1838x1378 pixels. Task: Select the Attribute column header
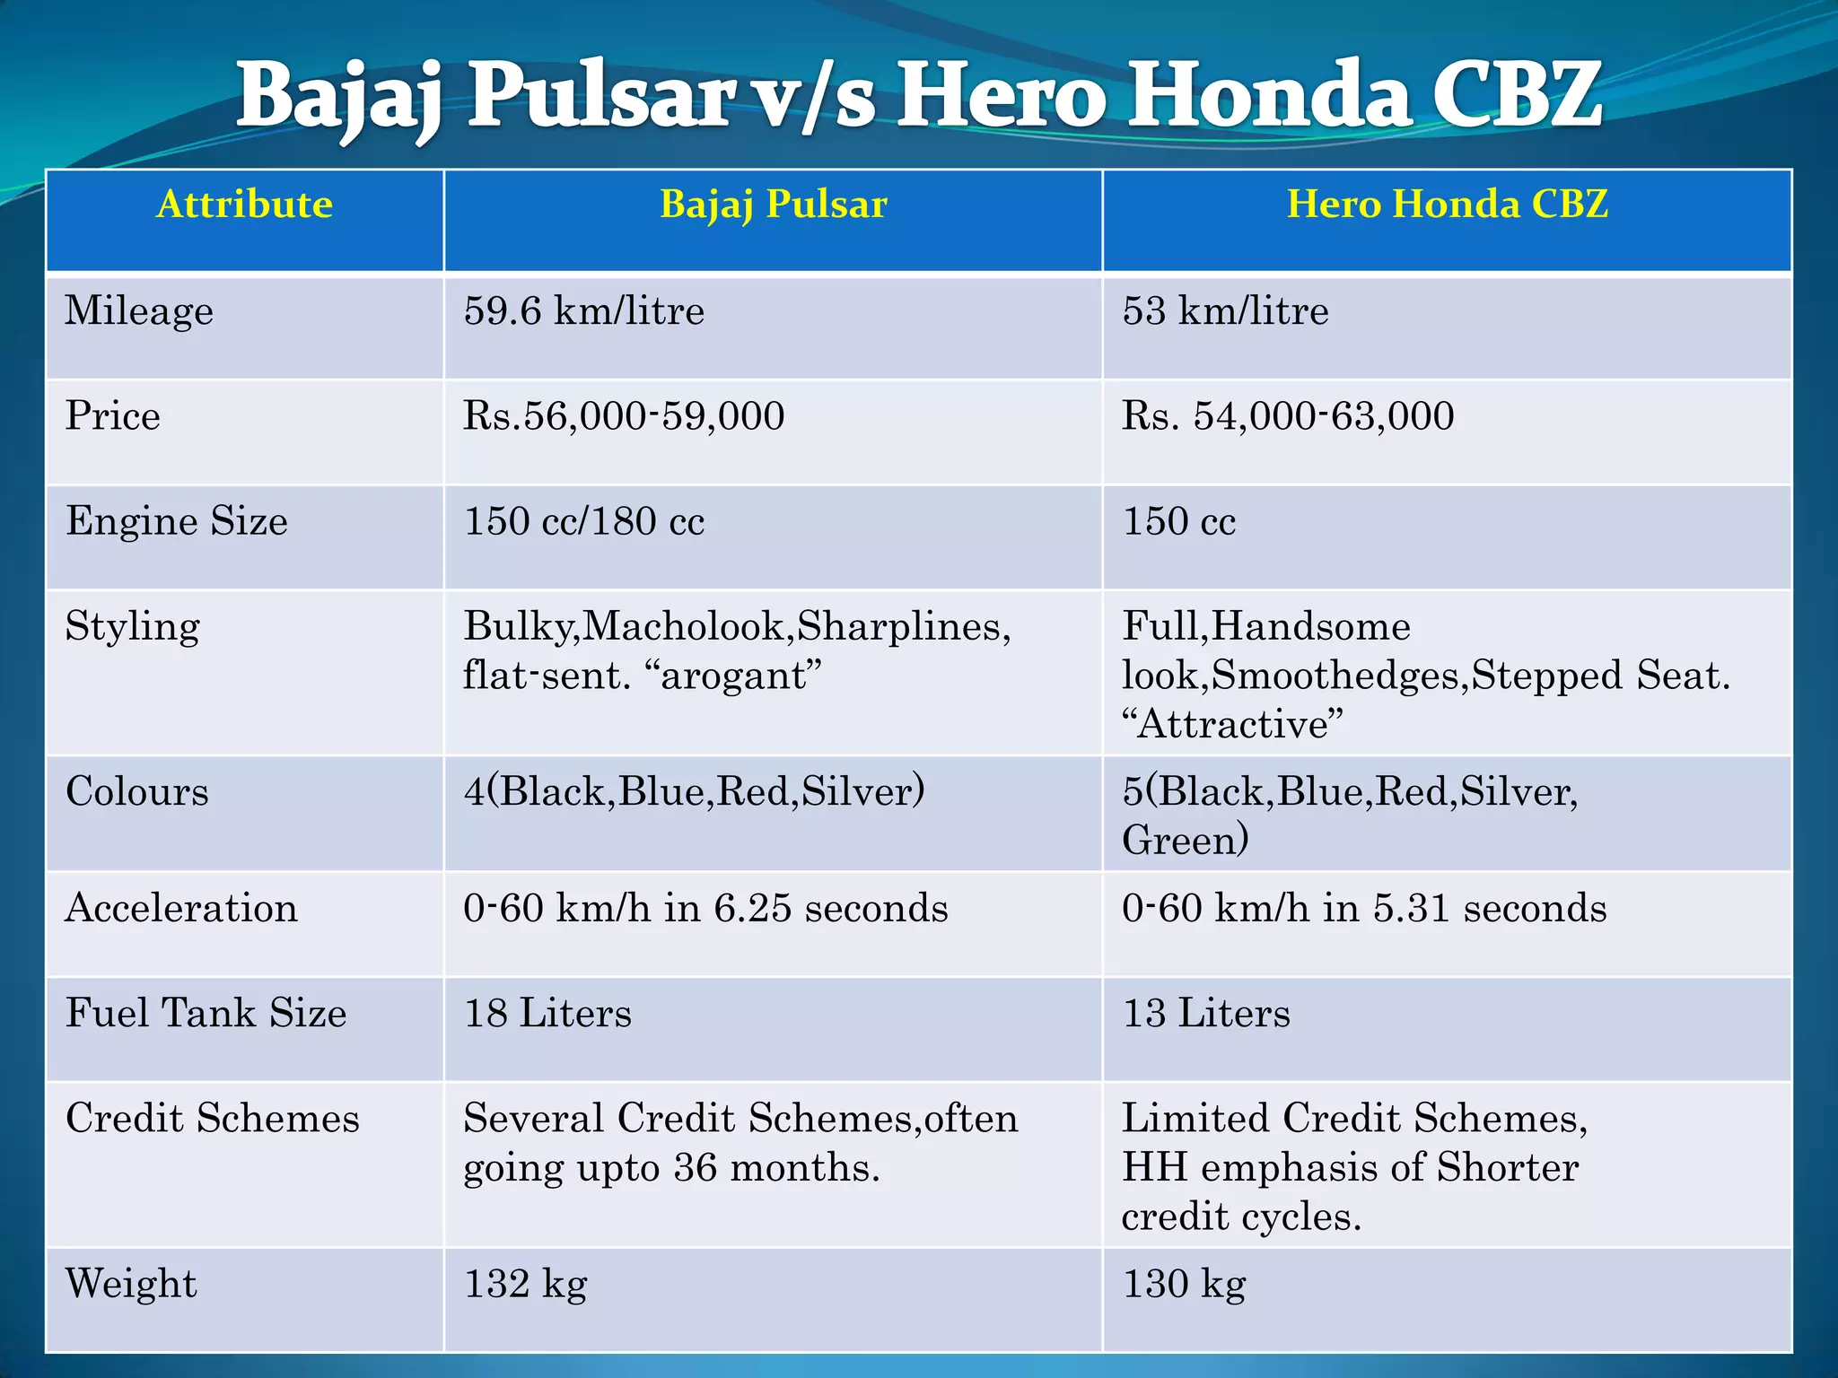coord(244,205)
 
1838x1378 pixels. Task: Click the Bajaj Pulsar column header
coord(773,205)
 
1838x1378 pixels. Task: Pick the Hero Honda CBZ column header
coord(1447,205)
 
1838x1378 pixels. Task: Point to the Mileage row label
coord(139,311)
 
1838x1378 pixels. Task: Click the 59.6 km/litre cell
coord(583,311)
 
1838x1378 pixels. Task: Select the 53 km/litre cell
coord(1225,311)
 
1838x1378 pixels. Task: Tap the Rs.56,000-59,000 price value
coord(624,416)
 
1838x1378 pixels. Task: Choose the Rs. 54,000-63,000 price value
coord(1288,416)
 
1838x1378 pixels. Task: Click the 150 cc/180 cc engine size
coord(583,521)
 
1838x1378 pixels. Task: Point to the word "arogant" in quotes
coord(741,676)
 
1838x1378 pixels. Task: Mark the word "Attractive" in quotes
coord(1233,724)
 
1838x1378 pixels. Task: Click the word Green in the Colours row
coord(1179,840)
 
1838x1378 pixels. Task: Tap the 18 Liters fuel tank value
coord(547,1013)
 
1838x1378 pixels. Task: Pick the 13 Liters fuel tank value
coord(1206,1013)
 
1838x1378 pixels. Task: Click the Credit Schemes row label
coord(213,1118)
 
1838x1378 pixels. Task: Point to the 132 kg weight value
coord(525,1284)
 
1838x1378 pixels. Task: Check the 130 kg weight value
coord(1184,1284)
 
